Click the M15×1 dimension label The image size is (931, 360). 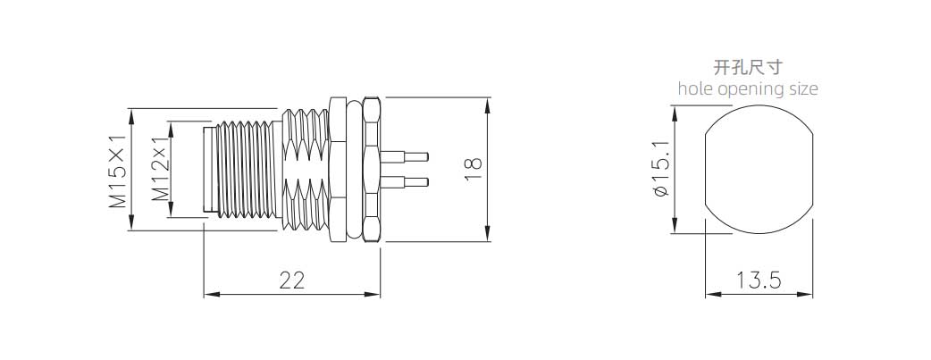tap(118, 171)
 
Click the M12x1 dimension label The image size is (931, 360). tap(160, 170)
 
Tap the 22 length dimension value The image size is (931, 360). tap(292, 280)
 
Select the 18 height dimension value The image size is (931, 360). tap(474, 170)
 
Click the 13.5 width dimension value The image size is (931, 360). tap(759, 280)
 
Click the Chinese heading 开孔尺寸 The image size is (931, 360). tap(748, 67)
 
